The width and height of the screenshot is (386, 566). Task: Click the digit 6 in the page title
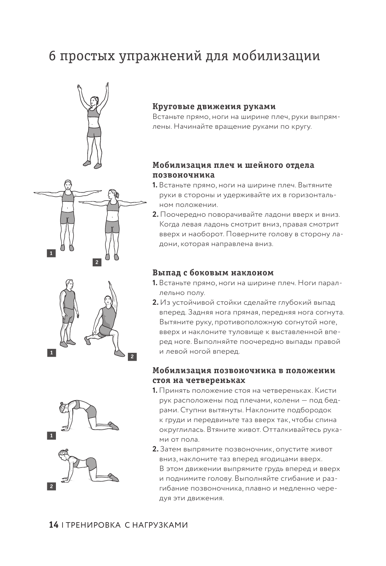point(52,56)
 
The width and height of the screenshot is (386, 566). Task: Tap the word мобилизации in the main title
point(276,56)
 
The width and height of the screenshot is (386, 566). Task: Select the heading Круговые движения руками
point(214,106)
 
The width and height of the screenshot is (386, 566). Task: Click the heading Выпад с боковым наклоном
point(213,273)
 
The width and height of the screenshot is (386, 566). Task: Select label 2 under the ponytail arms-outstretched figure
point(97,262)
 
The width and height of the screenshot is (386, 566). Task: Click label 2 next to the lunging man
point(132,357)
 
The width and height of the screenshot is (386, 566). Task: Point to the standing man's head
point(69,284)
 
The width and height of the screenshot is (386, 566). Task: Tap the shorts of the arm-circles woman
point(94,132)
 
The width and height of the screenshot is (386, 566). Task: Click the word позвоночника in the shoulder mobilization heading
point(183,175)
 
